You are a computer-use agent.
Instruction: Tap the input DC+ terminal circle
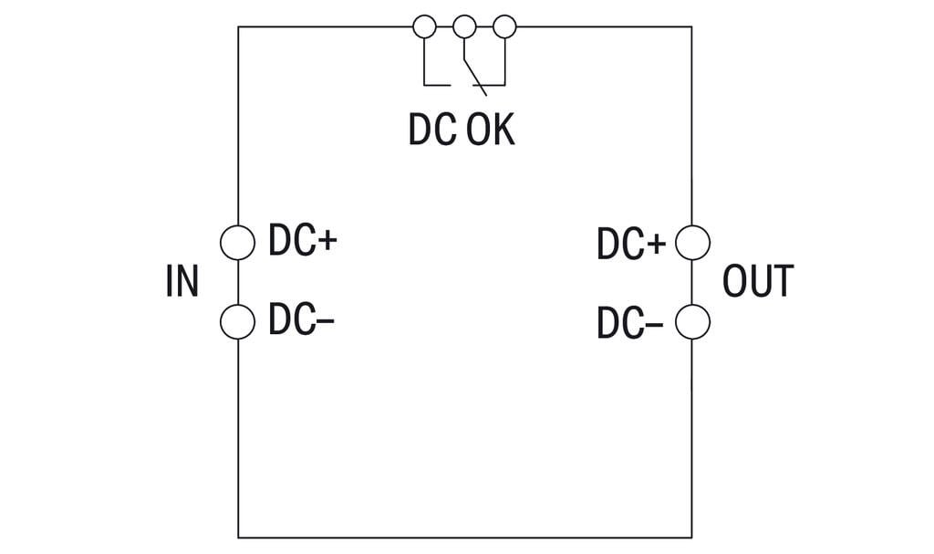(x=238, y=242)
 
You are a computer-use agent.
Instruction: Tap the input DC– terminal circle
(x=238, y=321)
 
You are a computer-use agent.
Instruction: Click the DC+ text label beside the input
(x=303, y=242)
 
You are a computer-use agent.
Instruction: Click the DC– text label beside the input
(x=302, y=321)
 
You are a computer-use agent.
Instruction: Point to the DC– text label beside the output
(x=630, y=323)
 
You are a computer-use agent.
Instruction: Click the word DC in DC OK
(x=431, y=131)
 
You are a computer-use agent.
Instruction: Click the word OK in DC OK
(x=491, y=131)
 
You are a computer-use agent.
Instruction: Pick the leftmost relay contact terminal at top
(x=424, y=26)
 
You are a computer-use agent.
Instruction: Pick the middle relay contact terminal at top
(x=465, y=26)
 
